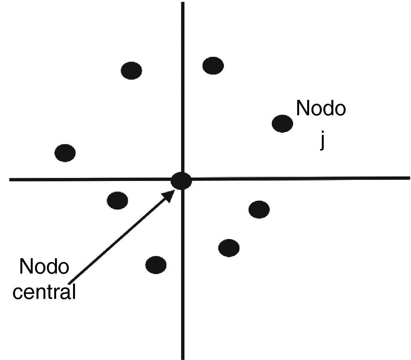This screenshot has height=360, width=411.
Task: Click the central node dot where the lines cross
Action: point(181,180)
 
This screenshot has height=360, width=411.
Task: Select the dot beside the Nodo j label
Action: point(282,123)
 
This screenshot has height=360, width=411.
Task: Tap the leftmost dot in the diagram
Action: point(65,153)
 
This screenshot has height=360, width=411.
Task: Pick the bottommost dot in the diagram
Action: point(156,264)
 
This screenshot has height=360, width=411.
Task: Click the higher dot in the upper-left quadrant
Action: point(131,70)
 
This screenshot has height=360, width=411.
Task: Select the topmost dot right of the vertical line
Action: point(213,65)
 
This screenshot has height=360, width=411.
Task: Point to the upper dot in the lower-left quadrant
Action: point(118,200)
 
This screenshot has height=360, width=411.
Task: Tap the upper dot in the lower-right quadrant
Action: point(259,209)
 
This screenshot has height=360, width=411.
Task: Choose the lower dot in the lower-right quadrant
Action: point(229,248)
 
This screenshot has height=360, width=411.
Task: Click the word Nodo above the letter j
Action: point(321,108)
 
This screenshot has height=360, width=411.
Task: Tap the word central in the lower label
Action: point(44,292)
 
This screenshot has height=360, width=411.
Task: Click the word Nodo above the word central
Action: point(44,267)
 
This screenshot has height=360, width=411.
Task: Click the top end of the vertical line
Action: point(183,3)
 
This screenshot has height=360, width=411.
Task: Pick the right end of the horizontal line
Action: point(409,178)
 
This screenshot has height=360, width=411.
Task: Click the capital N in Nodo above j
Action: point(303,108)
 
